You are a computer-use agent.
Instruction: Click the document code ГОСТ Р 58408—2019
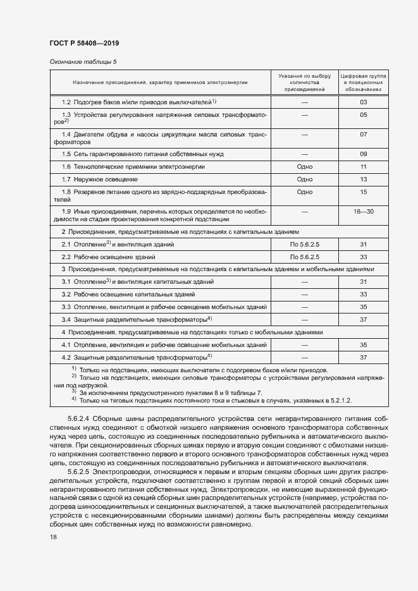84,43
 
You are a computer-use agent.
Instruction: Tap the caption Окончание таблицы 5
83,61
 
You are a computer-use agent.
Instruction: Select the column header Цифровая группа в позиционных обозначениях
364,82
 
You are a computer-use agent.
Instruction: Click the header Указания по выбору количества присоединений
305,82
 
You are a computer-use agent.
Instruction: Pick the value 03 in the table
364,102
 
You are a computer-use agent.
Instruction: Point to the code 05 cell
364,115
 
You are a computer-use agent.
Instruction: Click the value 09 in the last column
364,154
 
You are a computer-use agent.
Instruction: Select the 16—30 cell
364,211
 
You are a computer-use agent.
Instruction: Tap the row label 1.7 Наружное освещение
96,179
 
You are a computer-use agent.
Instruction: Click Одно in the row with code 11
305,166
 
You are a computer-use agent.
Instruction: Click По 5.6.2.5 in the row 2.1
305,244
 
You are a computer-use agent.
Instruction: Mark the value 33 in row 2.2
364,257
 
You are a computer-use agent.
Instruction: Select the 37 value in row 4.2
364,358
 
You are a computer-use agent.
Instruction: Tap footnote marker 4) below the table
74,399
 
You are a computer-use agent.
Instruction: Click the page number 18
52,537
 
